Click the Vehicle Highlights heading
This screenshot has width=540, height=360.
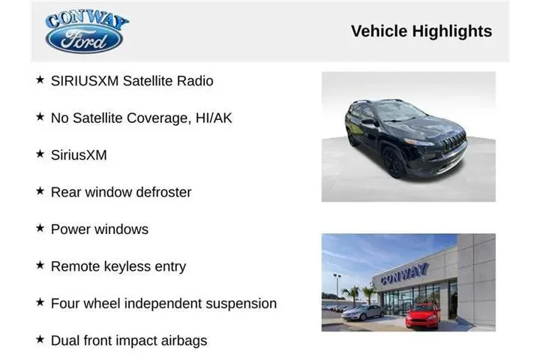[421, 31]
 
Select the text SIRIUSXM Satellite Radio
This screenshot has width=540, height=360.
[132, 80]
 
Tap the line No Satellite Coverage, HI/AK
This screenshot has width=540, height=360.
[141, 118]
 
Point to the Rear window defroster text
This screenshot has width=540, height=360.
[121, 192]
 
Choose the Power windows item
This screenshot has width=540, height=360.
[99, 229]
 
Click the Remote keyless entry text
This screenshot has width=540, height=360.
[118, 266]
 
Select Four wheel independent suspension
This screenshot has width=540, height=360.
[163, 304]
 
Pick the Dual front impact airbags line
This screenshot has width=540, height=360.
[128, 340]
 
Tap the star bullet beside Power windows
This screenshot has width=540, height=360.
[40, 228]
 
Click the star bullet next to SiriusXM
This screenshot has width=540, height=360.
[40, 154]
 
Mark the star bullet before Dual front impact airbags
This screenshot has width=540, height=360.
[40, 340]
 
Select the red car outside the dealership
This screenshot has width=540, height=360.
[424, 314]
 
